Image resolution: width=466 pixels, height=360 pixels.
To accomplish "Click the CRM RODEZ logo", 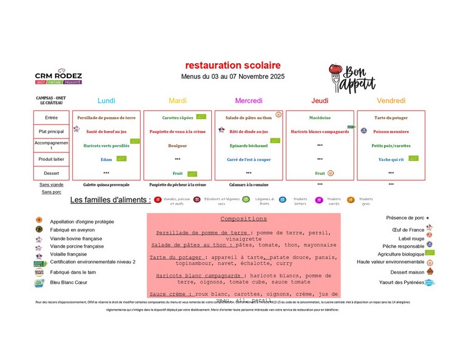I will point(58,76).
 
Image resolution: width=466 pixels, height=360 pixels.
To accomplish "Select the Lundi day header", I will point(106,101).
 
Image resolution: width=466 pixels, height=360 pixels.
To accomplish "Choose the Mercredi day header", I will point(248,101).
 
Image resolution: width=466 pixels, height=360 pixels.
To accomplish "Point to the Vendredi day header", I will point(391,101).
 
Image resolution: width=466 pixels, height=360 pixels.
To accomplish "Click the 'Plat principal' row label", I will point(52,131).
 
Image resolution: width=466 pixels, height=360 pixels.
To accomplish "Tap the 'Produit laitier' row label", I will point(52,159).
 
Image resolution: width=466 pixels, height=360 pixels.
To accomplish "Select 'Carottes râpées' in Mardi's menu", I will point(177,117).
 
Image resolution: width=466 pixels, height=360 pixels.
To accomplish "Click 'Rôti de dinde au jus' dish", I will point(249,131).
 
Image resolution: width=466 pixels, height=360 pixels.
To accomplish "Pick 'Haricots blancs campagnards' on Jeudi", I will point(320,131).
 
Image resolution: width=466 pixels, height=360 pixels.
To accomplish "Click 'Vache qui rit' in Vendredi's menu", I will point(392,159).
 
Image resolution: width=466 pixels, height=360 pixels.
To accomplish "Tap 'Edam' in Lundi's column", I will point(106,159).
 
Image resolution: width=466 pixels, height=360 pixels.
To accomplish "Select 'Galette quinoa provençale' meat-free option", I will point(106,184).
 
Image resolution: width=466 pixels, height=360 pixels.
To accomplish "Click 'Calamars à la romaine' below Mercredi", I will point(249,184).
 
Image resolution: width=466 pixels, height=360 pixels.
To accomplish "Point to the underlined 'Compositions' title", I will point(243,219).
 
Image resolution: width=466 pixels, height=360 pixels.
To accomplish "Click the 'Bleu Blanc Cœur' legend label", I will point(69,282).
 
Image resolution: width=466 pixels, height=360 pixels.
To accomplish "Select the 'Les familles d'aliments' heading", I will point(110,200).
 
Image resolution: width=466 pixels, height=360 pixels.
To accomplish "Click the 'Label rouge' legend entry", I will point(412,239).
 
